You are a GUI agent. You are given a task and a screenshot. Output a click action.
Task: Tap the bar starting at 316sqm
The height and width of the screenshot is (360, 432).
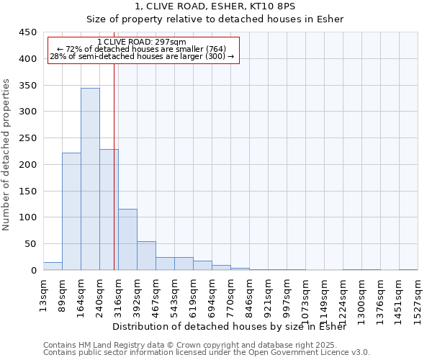coord(127,239)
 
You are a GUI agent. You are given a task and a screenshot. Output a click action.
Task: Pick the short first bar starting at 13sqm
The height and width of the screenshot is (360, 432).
coord(53,266)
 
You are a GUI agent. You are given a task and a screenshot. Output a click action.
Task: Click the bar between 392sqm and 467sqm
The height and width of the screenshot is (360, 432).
coord(146,256)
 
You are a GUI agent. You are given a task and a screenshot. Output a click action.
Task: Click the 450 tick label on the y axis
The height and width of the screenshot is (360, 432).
coord(27,32)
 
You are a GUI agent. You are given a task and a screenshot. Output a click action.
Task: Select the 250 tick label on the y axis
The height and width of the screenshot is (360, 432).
coord(27,138)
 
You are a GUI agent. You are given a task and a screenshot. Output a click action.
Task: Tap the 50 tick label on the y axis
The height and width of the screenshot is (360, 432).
coord(30,244)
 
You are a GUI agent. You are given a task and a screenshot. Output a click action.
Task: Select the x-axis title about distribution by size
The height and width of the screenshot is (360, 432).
coord(230,327)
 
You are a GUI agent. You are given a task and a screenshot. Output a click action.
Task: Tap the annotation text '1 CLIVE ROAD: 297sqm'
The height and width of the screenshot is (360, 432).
coord(142,42)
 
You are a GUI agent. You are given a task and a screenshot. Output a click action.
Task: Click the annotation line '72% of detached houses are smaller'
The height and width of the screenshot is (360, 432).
coord(142,49)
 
